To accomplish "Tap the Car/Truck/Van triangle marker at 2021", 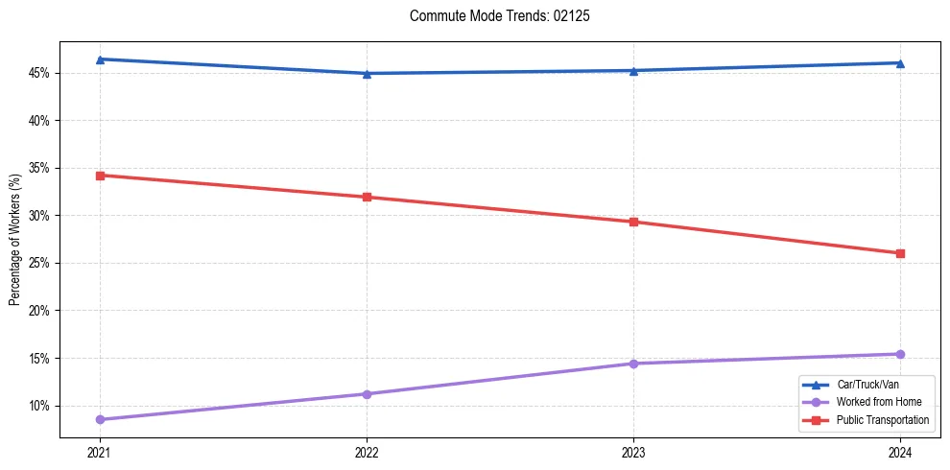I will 100,59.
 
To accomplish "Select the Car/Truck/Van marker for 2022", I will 367,74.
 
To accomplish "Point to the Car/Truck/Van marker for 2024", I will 900,63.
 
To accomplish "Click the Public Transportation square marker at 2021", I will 100,176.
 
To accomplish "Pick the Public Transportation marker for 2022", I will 367,198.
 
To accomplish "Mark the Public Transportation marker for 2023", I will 633,222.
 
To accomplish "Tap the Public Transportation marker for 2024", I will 900,253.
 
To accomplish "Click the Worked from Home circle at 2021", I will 100,419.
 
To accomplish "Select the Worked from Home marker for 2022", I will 367,394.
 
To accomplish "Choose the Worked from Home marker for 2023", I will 633,364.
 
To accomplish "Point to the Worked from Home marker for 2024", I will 900,354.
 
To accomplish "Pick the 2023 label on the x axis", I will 633,452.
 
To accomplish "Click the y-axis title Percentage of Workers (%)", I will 14,240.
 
